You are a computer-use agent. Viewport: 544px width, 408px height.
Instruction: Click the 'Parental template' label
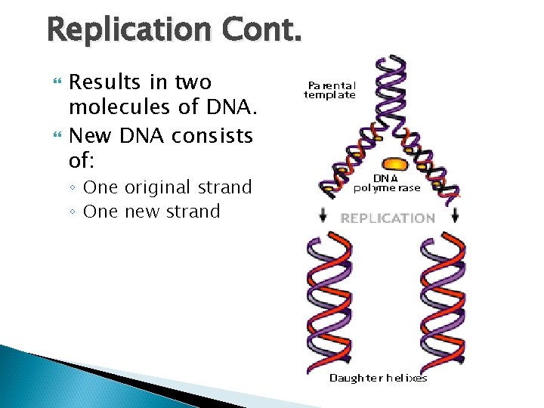pos(329,90)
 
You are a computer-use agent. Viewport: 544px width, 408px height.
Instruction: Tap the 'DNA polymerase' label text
pos(386,182)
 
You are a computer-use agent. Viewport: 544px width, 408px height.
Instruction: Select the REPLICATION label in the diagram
pos(388,218)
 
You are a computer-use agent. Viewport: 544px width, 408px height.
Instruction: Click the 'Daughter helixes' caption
pos(378,378)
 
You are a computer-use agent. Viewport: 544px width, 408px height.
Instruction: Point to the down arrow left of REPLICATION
pos(323,216)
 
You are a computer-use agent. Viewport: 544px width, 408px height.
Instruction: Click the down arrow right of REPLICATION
pos(455,216)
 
